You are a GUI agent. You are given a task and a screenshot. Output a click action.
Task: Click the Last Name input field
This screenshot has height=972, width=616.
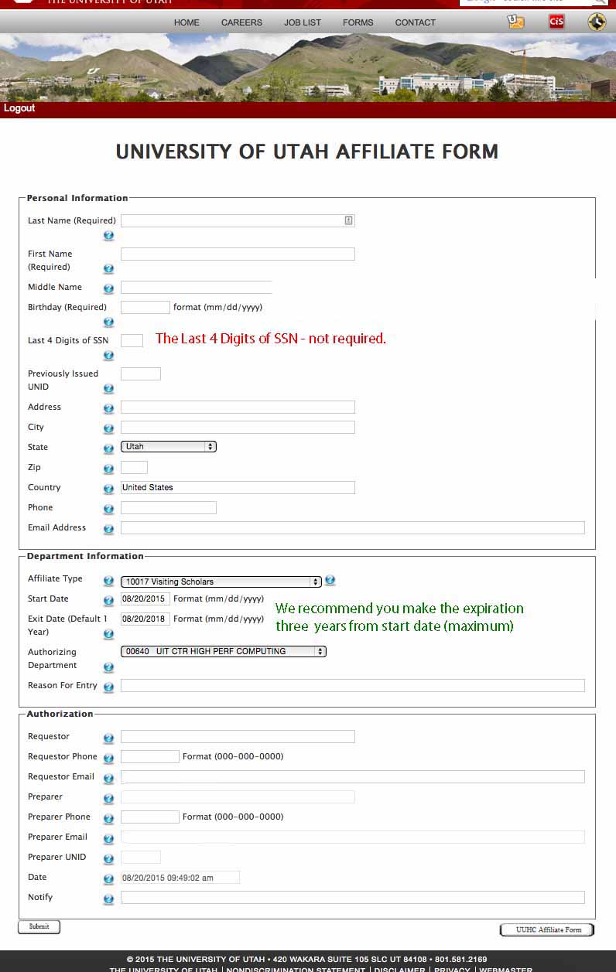point(232,221)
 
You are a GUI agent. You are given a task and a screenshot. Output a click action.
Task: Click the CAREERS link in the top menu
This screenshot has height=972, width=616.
point(241,22)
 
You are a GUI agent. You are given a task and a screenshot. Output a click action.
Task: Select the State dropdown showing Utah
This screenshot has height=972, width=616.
point(168,447)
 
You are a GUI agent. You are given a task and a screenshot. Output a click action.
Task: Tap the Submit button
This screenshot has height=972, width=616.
point(39,926)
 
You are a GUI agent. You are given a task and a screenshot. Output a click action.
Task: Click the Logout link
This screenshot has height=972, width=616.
point(19,108)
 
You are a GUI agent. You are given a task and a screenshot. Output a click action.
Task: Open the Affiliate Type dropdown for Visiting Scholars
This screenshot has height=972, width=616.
point(221,581)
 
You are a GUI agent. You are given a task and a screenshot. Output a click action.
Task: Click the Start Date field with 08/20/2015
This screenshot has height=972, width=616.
point(145,599)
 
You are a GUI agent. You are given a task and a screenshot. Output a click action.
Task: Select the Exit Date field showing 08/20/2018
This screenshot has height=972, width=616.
point(145,619)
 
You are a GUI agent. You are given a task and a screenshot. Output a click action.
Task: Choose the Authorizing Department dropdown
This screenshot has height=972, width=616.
point(224,652)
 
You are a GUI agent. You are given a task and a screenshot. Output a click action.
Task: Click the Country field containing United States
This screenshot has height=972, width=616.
point(238,488)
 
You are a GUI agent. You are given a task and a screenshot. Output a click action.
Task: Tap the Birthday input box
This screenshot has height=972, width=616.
point(145,308)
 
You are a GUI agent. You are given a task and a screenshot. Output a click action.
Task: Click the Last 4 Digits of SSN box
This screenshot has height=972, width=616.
point(132,340)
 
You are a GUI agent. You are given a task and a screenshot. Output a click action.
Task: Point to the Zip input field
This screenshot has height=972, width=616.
point(134,468)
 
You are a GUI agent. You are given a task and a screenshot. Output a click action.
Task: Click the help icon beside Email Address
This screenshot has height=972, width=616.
point(108,530)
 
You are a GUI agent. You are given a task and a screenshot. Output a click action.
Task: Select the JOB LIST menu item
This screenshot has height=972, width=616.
point(302,22)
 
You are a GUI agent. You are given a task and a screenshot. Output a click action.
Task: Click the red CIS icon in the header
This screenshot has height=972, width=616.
point(556,22)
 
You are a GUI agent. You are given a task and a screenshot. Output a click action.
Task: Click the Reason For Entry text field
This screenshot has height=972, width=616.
point(352,686)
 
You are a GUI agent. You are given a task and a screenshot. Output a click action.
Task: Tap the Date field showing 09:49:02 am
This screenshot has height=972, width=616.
point(180,878)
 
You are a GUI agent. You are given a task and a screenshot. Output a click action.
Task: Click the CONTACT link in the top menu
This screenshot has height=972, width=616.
point(415,22)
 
